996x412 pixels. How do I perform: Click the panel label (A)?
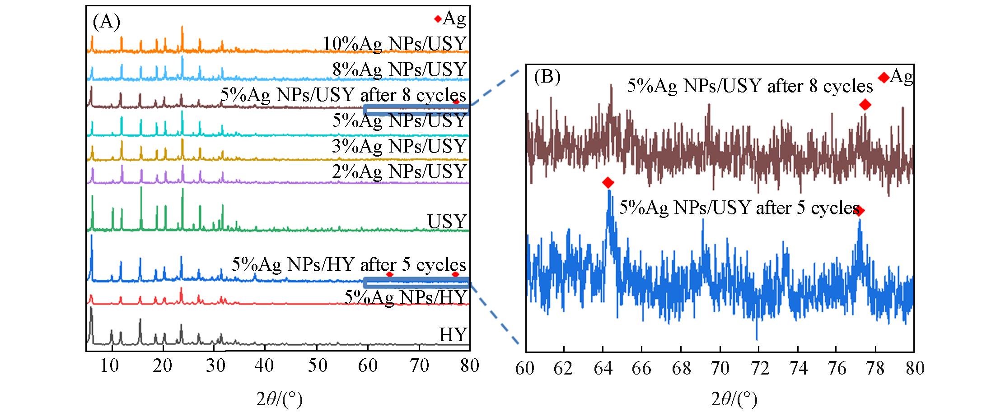[x=107, y=22]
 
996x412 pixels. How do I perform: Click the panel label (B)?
[x=547, y=77]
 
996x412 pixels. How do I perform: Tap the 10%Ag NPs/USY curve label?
[x=394, y=44]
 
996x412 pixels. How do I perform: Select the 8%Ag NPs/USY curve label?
[x=399, y=69]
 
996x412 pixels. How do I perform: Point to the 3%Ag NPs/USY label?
[x=399, y=146]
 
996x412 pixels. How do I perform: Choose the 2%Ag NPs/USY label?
[x=399, y=171]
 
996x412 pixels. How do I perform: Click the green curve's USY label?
[x=447, y=221]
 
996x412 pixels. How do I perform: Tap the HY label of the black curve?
[x=453, y=335]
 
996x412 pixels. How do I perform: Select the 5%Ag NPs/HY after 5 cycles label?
[x=349, y=264]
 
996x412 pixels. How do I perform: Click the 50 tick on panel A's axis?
[x=317, y=366]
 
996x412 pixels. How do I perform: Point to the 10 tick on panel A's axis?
[x=110, y=366]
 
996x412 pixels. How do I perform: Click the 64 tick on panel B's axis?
[x=603, y=369]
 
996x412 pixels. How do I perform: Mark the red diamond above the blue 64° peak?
[x=608, y=183]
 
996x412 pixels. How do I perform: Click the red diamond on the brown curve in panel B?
[x=865, y=105]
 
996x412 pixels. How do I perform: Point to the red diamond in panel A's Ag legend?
[x=437, y=19]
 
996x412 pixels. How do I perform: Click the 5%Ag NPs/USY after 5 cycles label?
[x=739, y=208]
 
